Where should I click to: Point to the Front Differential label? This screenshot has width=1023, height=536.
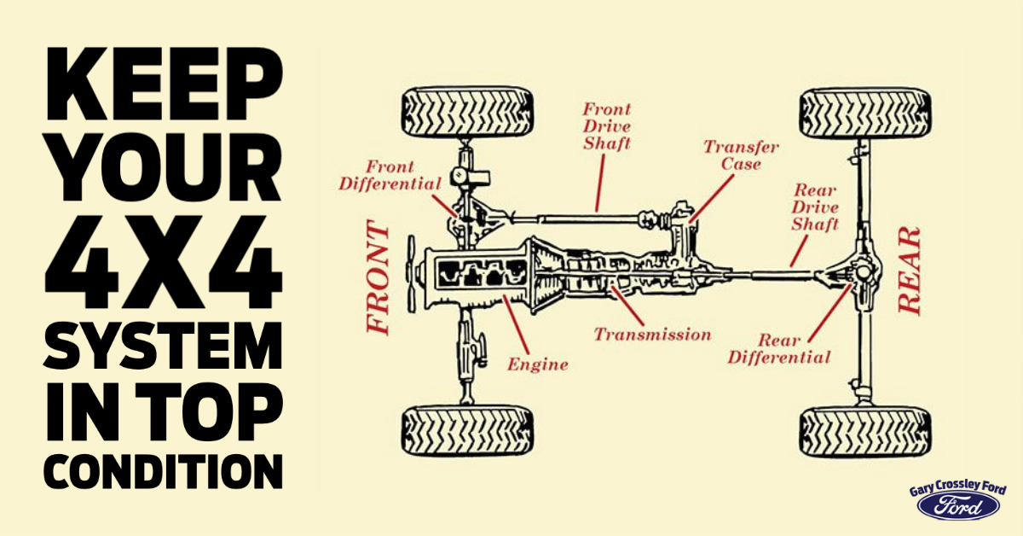(x=390, y=175)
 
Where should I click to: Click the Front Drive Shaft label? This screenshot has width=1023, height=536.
(x=607, y=126)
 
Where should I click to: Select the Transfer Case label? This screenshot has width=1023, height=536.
(x=731, y=154)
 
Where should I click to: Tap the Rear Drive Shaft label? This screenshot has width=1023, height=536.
(x=816, y=207)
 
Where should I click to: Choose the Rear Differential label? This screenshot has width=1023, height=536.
(x=778, y=348)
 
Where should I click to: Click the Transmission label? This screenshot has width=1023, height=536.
(x=652, y=334)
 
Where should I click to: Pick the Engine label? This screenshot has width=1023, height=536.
(x=537, y=364)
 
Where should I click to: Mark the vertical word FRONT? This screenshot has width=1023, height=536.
(x=378, y=278)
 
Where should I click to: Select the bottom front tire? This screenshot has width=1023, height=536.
(x=467, y=430)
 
